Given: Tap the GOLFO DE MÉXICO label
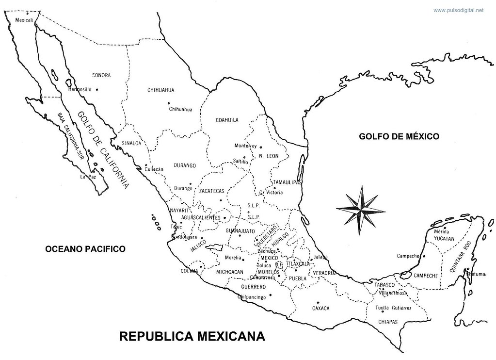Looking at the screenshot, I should click(399, 136).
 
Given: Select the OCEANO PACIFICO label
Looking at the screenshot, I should click(85, 249).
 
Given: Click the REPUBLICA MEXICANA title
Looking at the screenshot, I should click(192, 336).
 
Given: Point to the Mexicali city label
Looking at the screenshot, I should click(24, 20).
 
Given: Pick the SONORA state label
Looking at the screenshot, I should click(101, 75).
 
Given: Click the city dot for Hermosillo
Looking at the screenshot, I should click(97, 89).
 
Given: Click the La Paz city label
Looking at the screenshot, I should click(86, 177).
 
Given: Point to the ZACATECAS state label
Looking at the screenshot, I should click(212, 191).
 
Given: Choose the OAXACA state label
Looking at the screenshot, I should click(320, 308).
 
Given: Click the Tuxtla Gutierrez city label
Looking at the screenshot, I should click(394, 308).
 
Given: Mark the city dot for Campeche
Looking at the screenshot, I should click(424, 256).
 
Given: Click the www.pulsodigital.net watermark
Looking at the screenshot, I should click(458, 10).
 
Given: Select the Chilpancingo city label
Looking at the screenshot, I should click(253, 297).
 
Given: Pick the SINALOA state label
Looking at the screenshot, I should click(131, 143).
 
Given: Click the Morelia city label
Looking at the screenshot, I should click(233, 258).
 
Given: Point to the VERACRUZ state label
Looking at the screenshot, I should click(324, 273).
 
